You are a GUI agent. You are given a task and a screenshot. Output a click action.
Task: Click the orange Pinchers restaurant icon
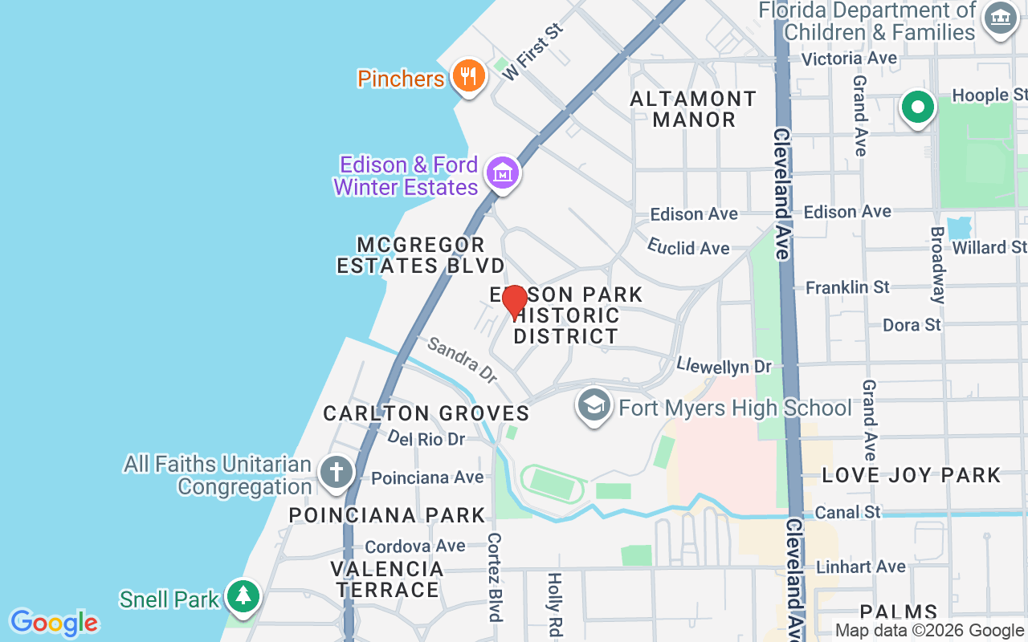[x=467, y=76]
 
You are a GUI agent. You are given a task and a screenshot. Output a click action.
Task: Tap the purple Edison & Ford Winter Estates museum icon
[x=504, y=173]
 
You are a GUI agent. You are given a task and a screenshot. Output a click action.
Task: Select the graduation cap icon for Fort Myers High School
[x=594, y=406]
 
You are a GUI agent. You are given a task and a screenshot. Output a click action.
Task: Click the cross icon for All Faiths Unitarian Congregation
[x=336, y=472]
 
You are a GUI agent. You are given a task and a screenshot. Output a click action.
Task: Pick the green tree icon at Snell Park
[x=243, y=595]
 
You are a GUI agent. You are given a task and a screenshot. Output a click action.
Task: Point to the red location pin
[x=514, y=302]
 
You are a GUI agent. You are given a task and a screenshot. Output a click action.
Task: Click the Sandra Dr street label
[x=462, y=359]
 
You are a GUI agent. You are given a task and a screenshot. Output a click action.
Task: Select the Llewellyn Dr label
[x=724, y=366]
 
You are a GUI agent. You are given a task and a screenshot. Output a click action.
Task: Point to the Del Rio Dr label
[x=426, y=438]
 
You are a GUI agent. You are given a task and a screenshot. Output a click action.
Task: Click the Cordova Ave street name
[x=414, y=547]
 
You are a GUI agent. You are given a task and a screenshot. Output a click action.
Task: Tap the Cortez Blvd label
[x=495, y=577]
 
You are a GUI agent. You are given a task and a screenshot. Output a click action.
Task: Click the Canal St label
[x=847, y=511]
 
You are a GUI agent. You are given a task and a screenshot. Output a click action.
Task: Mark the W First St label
[x=532, y=51]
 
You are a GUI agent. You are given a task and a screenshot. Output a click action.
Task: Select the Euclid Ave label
[x=688, y=246]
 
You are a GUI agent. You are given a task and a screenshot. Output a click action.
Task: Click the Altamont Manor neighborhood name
[x=693, y=109]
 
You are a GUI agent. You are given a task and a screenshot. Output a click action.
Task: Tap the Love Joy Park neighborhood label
[x=912, y=475]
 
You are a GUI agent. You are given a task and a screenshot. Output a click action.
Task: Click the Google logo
[x=54, y=622]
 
